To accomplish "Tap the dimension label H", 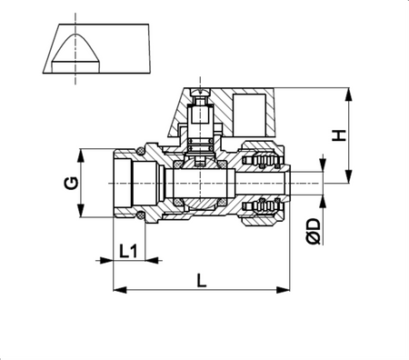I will (338, 135).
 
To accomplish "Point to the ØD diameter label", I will (314, 231).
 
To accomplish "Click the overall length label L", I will (202, 280).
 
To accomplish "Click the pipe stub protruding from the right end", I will (304, 183).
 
